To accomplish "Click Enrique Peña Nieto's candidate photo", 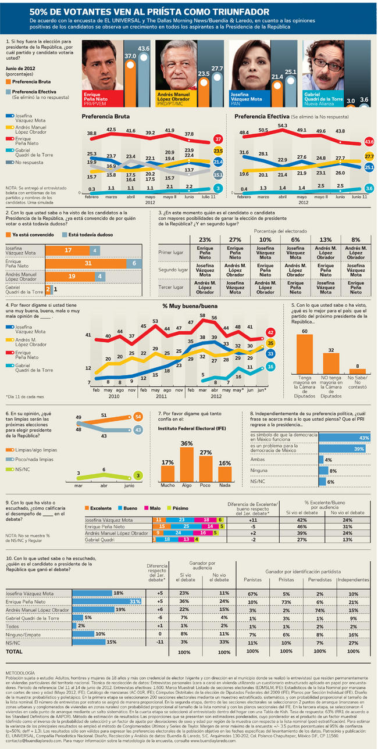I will tap(102, 65).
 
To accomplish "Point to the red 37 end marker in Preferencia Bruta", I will tap(217, 139).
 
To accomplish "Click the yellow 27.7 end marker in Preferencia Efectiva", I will tap(369, 156).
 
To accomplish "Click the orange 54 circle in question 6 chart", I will tap(137, 417).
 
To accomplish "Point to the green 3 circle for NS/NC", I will tap(137, 475).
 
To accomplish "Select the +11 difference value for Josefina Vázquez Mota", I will tap(252, 520).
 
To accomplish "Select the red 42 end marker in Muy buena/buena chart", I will tap(270, 332).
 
